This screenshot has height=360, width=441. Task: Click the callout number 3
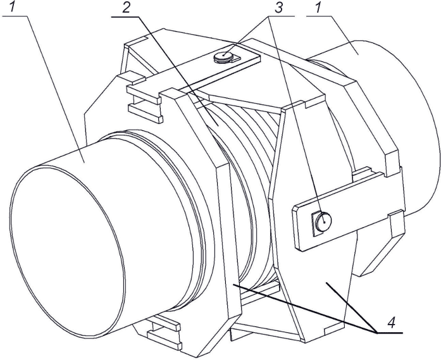tap(278, 8)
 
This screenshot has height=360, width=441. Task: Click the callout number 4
tap(391, 323)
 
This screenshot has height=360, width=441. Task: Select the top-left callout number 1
tap(12, 7)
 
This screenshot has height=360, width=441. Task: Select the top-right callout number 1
tap(318, 8)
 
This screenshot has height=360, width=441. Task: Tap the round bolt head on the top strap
tap(223, 56)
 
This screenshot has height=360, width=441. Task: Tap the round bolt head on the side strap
tap(323, 221)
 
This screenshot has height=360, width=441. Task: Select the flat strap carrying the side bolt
tap(349, 211)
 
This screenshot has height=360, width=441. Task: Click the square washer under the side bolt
tap(317, 224)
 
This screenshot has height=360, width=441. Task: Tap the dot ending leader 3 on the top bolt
tap(223, 55)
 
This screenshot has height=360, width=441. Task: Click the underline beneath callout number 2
tap(125, 17)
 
